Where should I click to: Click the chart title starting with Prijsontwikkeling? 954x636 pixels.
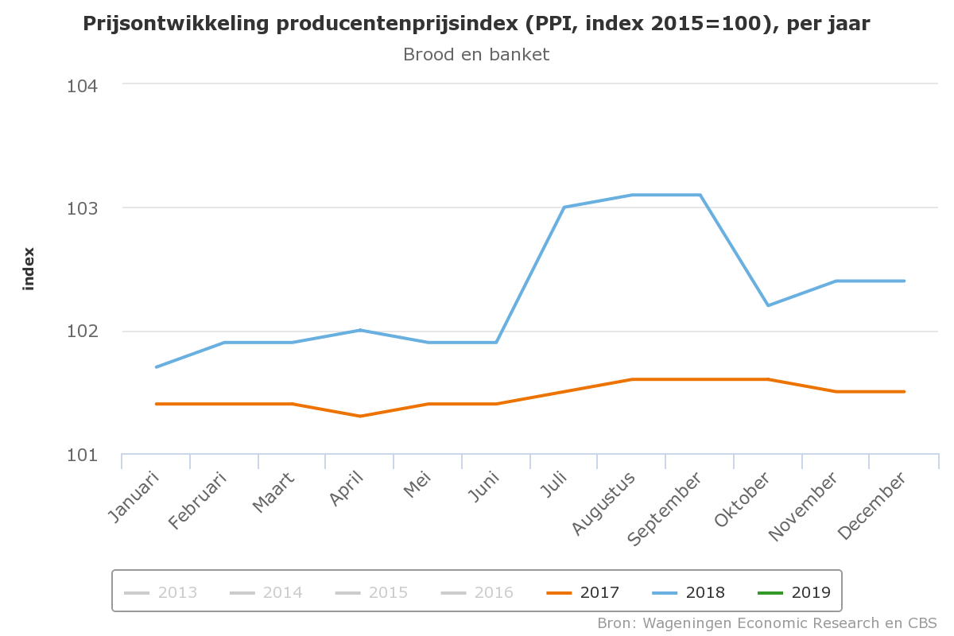coord(476,25)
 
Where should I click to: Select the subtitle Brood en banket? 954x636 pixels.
coord(476,55)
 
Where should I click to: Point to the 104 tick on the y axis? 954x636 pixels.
coord(82,85)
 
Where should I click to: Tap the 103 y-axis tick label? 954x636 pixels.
coord(82,208)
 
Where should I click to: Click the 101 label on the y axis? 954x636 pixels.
coord(82,456)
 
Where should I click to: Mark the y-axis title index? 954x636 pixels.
coord(29,269)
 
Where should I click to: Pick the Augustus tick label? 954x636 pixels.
coord(607,502)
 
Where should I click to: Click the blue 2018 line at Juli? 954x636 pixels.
coord(564,207)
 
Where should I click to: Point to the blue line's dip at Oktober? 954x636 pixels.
coord(768,305)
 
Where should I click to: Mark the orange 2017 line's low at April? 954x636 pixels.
coord(360,416)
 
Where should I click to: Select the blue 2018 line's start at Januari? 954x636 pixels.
coord(157,367)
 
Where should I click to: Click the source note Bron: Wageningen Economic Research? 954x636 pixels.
coord(767,622)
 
